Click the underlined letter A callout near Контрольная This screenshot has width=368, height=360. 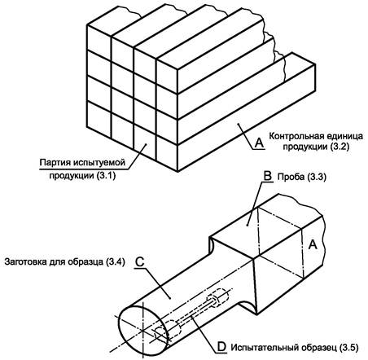[259, 143]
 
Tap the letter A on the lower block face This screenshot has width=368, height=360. [313, 244]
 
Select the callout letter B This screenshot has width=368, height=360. [268, 176]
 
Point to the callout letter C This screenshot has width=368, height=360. [140, 262]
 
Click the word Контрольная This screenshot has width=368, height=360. [296, 136]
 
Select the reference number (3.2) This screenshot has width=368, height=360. [339, 147]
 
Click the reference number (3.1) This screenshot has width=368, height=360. [106, 175]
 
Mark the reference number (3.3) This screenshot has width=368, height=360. [317, 177]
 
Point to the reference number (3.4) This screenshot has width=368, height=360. [116, 262]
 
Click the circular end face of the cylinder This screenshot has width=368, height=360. [143, 330]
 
